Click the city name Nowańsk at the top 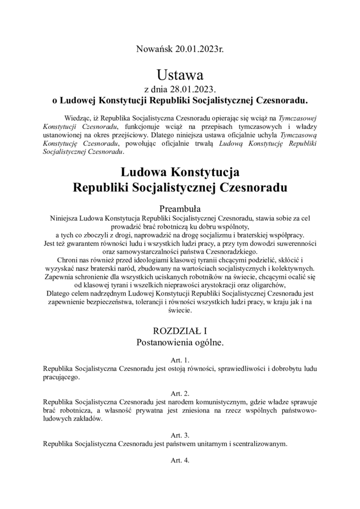153,50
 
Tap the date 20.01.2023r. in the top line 198,50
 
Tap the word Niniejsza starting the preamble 63,218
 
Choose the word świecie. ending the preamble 179,311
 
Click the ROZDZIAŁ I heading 179,331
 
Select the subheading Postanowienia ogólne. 179,342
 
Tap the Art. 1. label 179,360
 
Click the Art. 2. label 179,393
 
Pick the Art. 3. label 179,435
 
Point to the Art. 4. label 179,460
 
